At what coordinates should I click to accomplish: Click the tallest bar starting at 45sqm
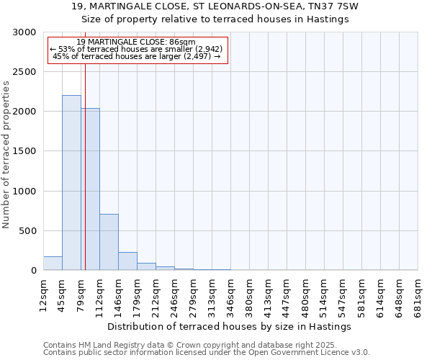[71, 183]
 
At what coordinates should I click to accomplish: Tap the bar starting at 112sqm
[109, 242]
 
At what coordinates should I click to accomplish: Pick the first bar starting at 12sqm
[53, 264]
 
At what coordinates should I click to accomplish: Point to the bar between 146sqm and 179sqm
[127, 261]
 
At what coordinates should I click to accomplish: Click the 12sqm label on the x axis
[43, 292]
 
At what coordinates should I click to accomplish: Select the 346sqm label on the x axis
[230, 292]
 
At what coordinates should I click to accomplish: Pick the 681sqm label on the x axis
[418, 292]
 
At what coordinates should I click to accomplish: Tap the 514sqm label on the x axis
[324, 292]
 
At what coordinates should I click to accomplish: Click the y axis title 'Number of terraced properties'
[6, 155]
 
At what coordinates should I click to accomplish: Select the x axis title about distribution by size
[233, 326]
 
